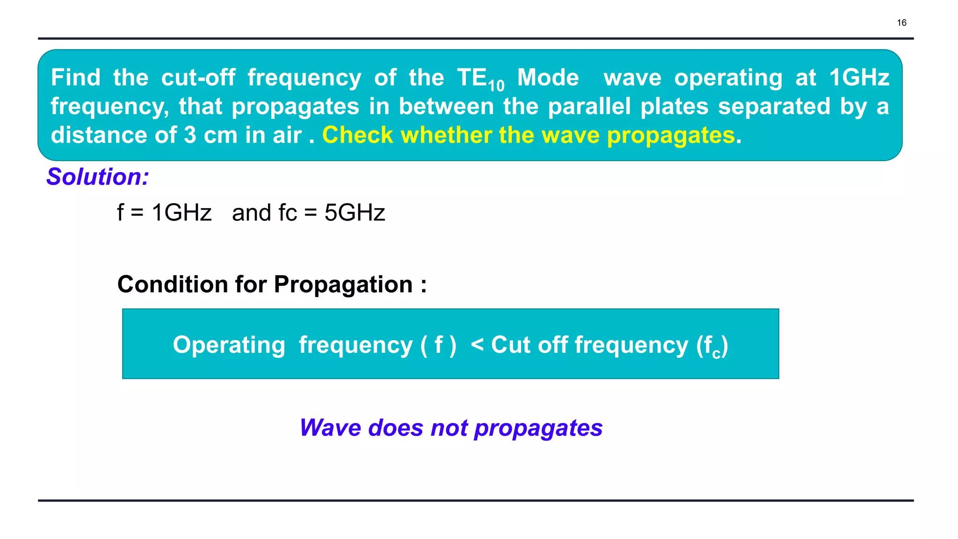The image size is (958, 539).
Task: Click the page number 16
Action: tap(901, 22)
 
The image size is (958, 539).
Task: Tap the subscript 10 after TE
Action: tap(496, 86)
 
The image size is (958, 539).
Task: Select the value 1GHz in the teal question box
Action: tap(859, 77)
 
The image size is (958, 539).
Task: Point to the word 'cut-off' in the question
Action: tap(198, 77)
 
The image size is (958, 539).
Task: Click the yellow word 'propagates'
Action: tap(670, 136)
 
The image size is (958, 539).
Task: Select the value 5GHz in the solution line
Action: tap(355, 213)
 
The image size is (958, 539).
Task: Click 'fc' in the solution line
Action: tap(287, 213)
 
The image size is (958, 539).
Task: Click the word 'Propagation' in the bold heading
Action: tap(343, 284)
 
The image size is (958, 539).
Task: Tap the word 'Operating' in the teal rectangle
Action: tap(229, 345)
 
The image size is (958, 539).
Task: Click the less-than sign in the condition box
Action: tap(477, 344)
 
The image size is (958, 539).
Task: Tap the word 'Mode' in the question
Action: tap(548, 77)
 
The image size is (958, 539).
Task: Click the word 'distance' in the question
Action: tap(99, 135)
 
